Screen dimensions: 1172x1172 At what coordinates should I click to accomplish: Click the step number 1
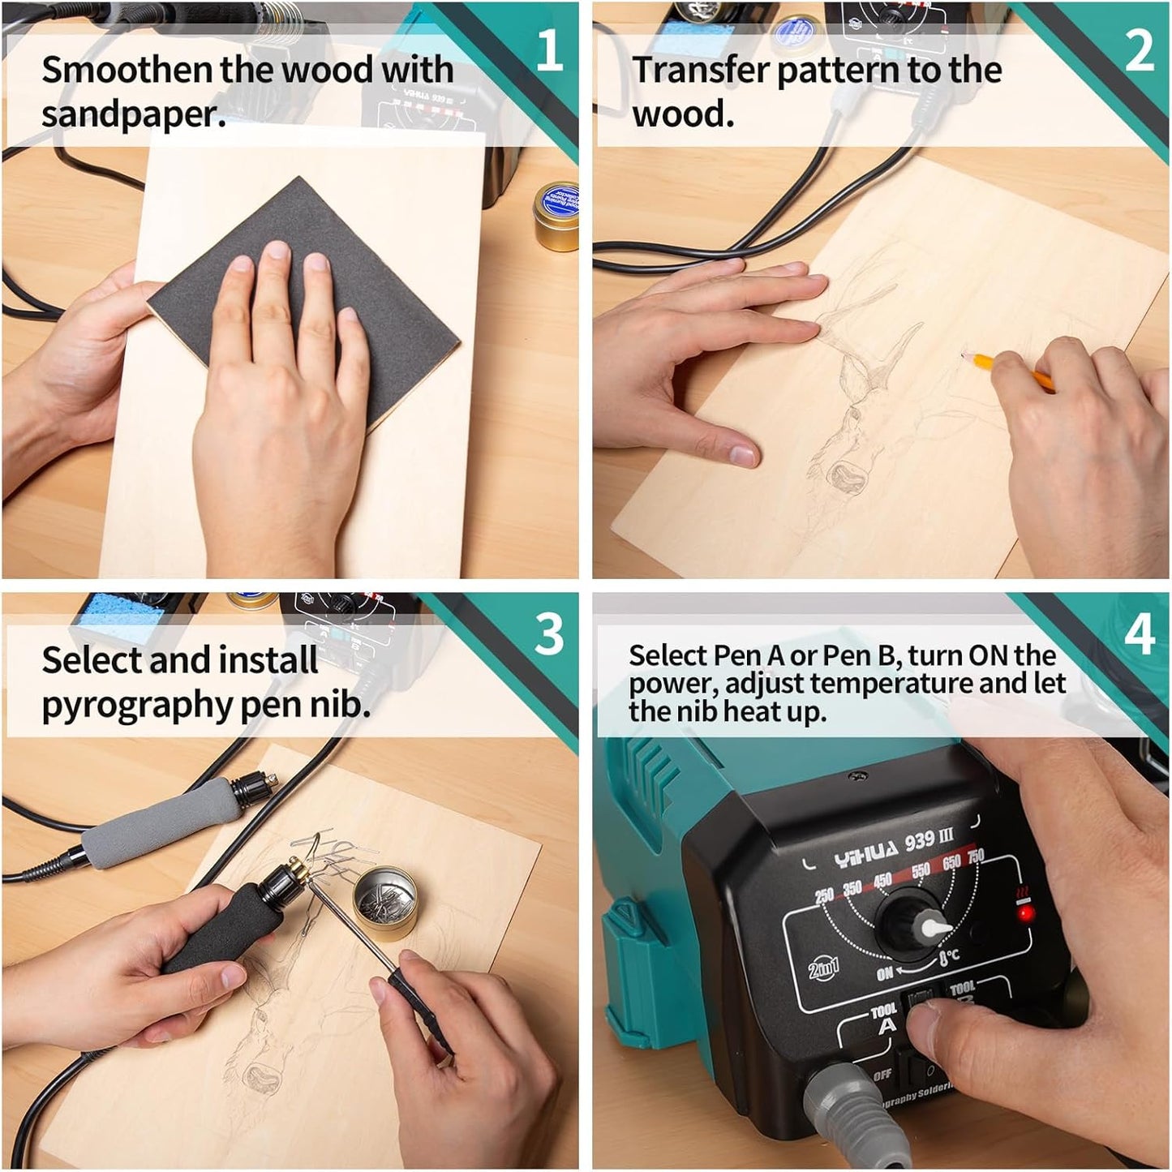click(549, 50)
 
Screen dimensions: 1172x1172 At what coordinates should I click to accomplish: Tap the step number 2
click(1139, 50)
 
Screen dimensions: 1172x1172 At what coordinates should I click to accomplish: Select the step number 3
click(549, 633)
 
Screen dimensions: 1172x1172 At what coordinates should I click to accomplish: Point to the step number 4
click(1139, 633)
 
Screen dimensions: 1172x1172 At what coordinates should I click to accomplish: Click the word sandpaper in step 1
click(133, 114)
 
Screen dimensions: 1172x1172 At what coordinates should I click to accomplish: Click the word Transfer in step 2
click(702, 70)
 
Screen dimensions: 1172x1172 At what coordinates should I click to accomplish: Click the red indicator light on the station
click(1026, 914)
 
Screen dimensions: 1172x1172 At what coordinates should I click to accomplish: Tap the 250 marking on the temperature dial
click(823, 895)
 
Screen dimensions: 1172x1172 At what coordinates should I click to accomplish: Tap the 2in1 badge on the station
click(823, 967)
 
